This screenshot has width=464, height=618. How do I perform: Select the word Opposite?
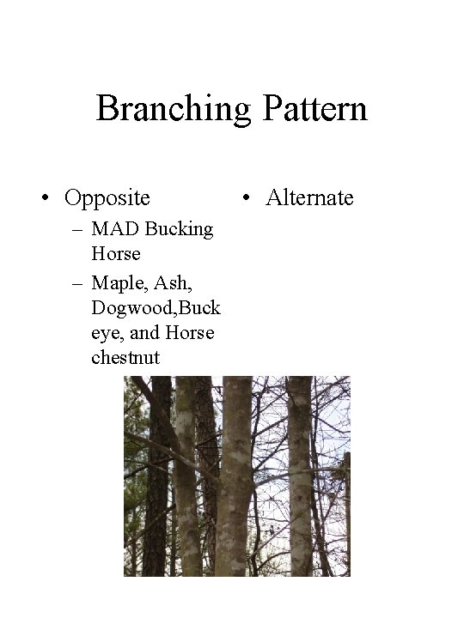[x=107, y=198]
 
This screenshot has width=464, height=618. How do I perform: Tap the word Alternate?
[x=309, y=198]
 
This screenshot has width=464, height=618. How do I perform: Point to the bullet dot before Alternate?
[x=247, y=199]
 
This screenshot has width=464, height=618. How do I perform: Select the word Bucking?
[x=179, y=229]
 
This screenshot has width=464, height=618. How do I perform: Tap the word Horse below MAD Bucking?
[x=115, y=254]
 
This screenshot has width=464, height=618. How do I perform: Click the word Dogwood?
[x=130, y=306]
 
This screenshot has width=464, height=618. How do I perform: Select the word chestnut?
[x=125, y=357]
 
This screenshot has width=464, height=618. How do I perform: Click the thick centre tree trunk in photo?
[x=235, y=481]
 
